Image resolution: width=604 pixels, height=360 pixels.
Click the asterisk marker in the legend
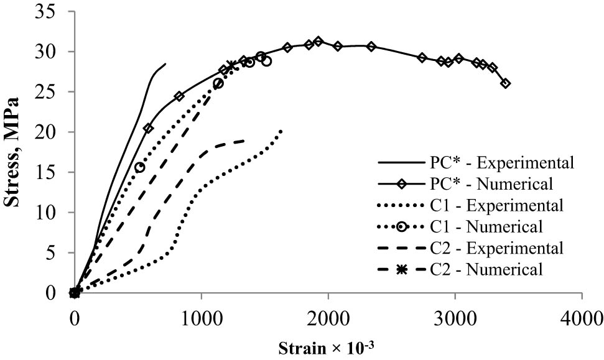pyautogui.click(x=402, y=269)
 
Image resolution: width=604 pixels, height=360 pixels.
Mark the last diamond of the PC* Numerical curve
pyautogui.click(x=505, y=83)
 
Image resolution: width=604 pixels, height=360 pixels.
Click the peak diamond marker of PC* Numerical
pyautogui.click(x=318, y=42)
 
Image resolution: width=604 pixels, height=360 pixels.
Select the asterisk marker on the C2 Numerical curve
pyautogui.click(x=231, y=65)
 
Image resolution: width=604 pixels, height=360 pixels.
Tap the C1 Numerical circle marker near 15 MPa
pyautogui.click(x=140, y=167)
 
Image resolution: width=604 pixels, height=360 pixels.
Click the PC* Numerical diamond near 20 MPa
pyautogui.click(x=148, y=128)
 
